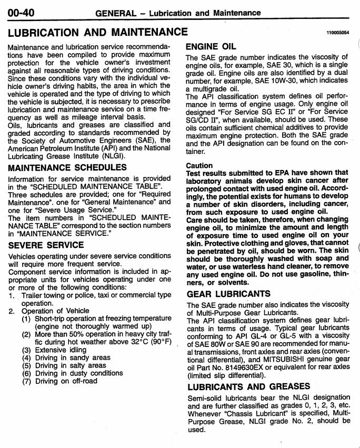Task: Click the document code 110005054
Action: pos(337,33)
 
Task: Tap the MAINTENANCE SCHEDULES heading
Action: pos(67,167)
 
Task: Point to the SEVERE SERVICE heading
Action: pos(45,245)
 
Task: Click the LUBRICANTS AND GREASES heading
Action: pos(248,386)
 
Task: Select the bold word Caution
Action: pos(199,165)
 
